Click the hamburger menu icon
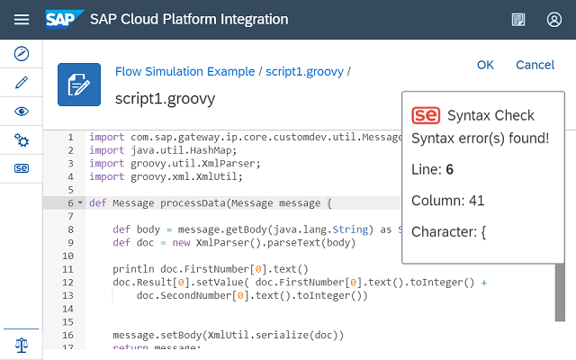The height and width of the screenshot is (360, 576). tap(22, 20)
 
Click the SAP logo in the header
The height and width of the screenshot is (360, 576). tap(65, 19)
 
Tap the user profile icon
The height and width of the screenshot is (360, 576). tap(554, 20)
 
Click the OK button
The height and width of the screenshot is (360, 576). tap(485, 65)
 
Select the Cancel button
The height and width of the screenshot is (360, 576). tap(535, 65)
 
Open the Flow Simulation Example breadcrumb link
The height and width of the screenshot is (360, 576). tap(184, 71)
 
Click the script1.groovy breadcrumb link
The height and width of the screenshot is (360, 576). tap(304, 72)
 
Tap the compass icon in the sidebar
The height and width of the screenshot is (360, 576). tap(22, 54)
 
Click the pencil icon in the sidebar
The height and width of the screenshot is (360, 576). tap(22, 82)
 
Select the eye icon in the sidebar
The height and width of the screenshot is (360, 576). tap(22, 112)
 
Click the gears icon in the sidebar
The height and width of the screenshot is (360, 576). tap(22, 140)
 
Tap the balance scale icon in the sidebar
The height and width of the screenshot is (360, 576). tap(22, 345)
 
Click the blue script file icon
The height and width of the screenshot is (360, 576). tap(79, 85)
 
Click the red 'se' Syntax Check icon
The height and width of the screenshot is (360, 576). tap(426, 115)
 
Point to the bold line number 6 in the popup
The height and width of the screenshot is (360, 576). tap(450, 169)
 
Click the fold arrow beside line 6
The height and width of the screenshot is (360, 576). tap(80, 202)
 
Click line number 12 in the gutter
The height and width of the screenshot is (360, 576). tap(68, 283)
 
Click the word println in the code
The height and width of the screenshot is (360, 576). tap(133, 269)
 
